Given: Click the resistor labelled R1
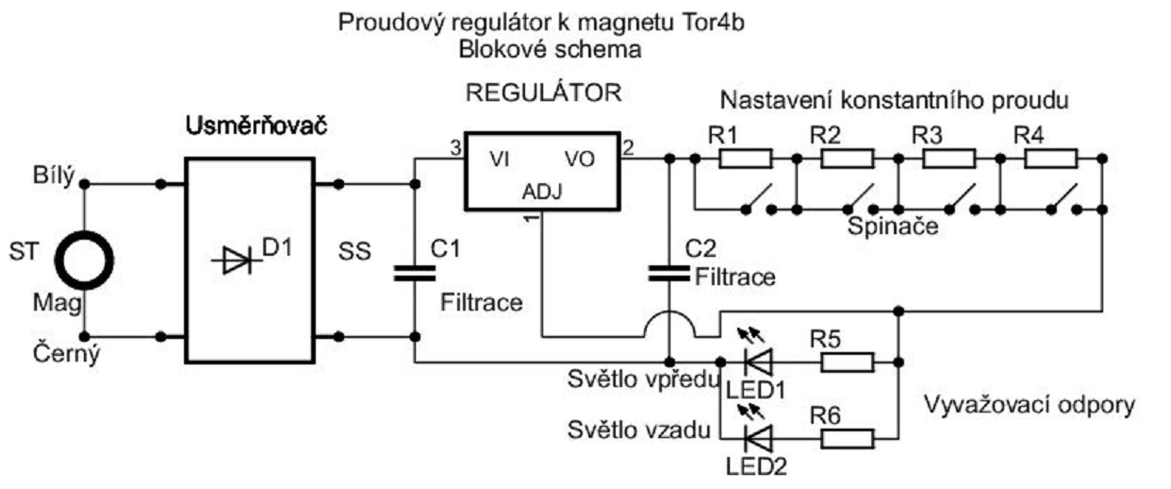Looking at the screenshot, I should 746,158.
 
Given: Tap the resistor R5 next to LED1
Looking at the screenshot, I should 847,361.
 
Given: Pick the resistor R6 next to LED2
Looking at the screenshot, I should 847,437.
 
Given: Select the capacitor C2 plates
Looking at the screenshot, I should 668,274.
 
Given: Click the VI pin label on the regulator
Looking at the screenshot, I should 501,160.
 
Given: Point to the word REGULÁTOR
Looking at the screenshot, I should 544,93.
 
